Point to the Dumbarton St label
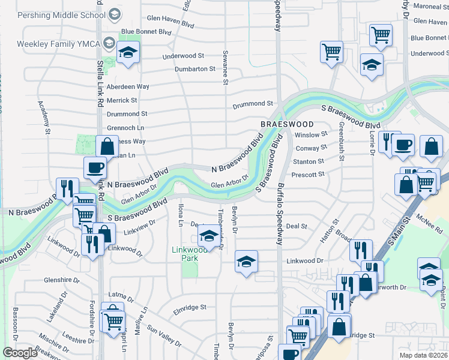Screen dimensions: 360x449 click(194, 69)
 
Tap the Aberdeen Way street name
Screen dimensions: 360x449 click(127, 86)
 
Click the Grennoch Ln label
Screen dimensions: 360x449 click(125, 128)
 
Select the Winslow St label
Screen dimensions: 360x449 click(311, 134)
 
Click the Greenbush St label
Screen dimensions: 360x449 click(340, 142)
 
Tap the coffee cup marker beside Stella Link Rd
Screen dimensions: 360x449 click(95, 167)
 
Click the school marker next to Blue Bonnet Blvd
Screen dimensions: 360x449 click(128, 52)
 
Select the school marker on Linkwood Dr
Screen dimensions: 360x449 click(246, 262)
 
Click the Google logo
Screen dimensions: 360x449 click(20, 353)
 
